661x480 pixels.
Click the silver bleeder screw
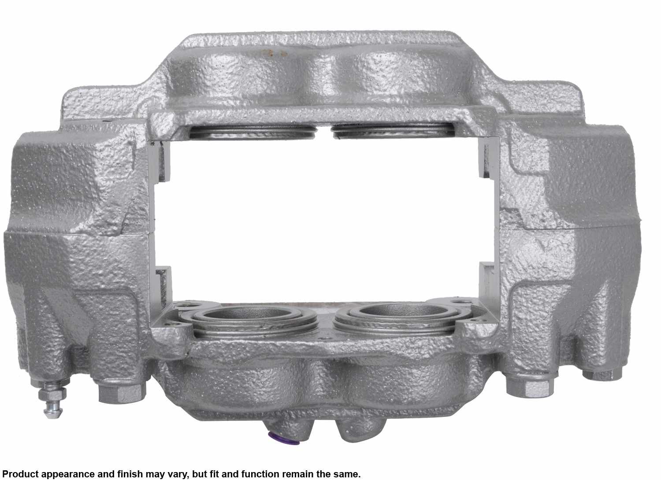pyautogui.click(x=52, y=400)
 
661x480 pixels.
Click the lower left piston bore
pyautogui.click(x=249, y=321)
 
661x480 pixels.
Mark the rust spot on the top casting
pyautogui.click(x=277, y=53)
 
